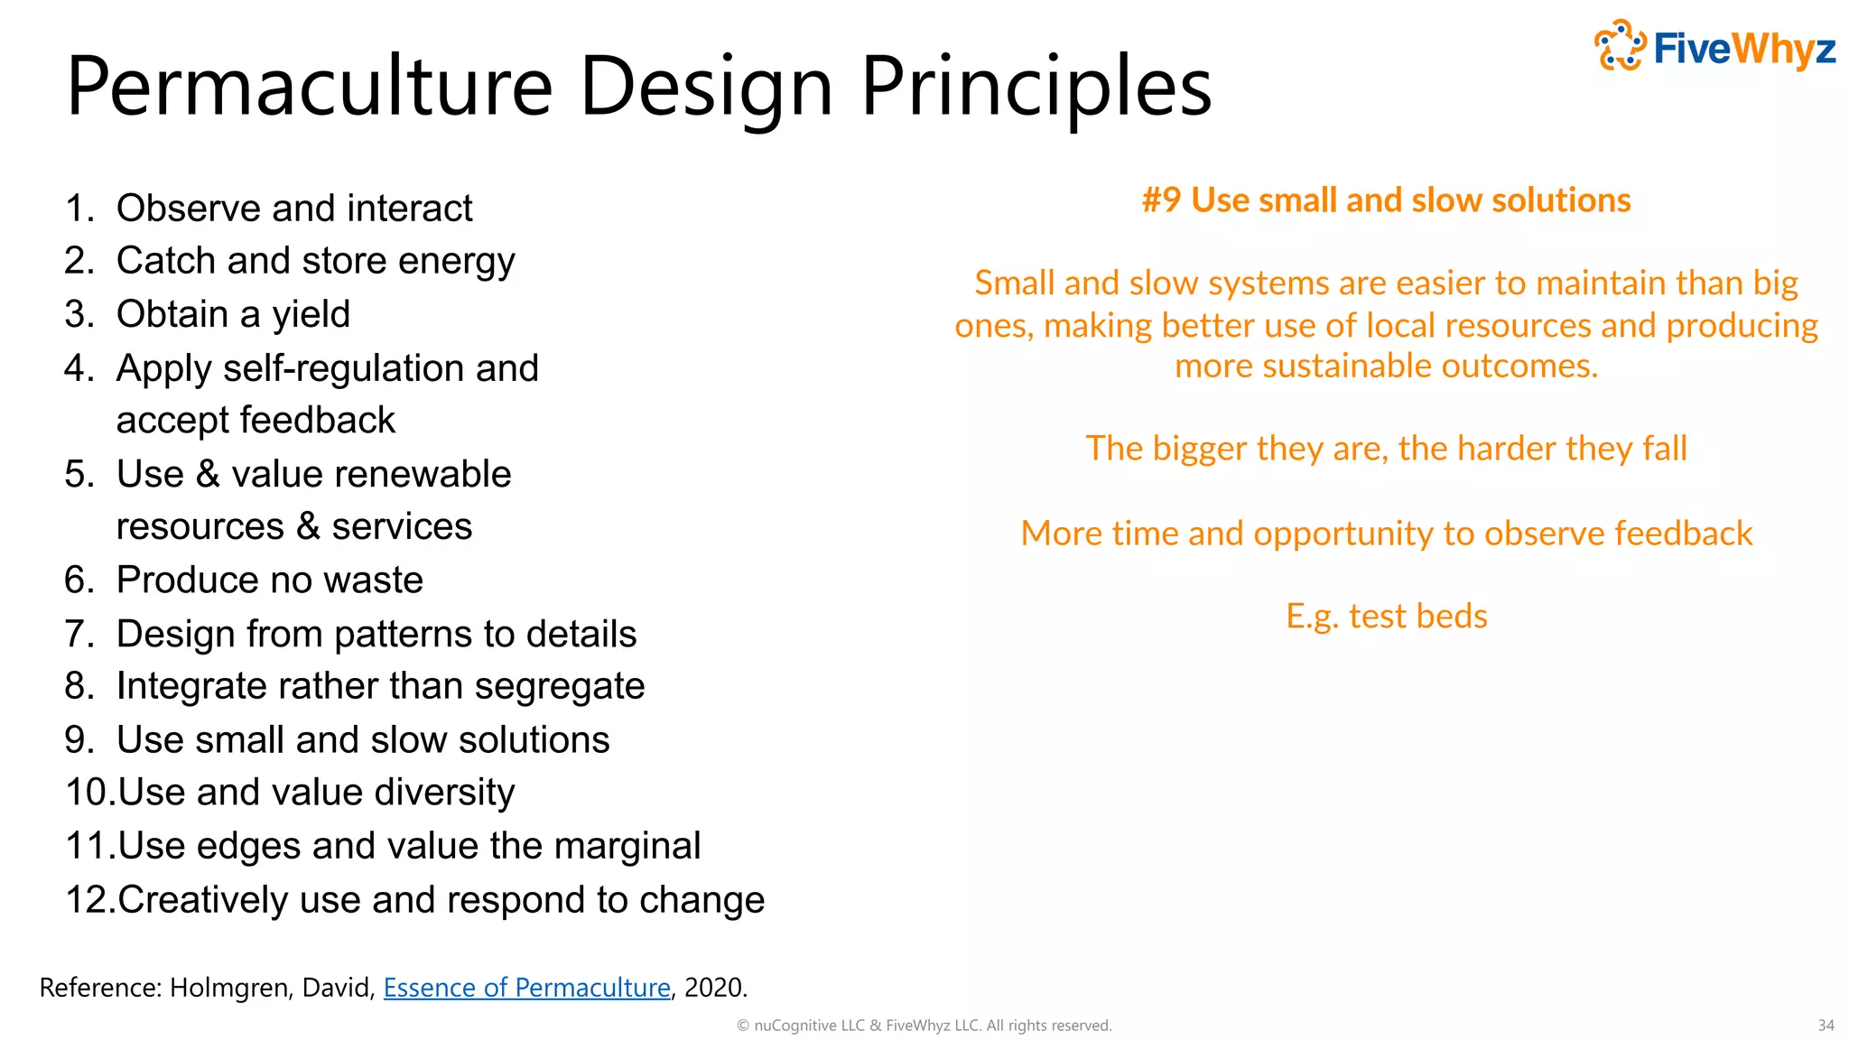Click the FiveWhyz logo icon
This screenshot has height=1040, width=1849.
[1621, 45]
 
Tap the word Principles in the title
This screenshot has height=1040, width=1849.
[1036, 87]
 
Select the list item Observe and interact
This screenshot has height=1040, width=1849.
[293, 209]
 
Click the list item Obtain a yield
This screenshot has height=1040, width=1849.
[232, 314]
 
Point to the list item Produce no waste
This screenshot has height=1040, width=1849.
[269, 580]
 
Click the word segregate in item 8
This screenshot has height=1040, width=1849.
[559, 687]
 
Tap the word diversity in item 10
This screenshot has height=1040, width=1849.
[444, 793]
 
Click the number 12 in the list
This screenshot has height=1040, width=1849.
[88, 900]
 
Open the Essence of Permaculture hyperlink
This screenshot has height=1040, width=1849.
[526, 988]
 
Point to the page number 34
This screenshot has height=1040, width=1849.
[1826, 1026]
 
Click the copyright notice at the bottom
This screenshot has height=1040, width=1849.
[924, 1026]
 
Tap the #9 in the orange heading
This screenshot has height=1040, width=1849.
[1161, 200]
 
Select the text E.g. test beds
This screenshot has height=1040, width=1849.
[1386, 617]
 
